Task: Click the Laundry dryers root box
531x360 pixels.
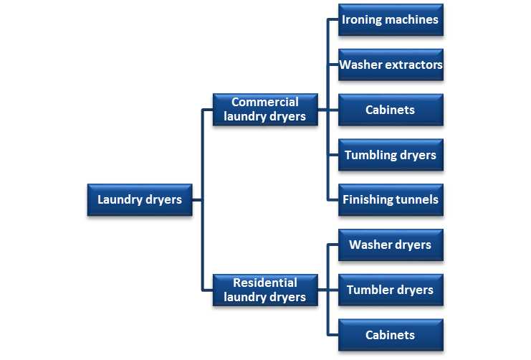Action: pyautogui.click(x=140, y=199)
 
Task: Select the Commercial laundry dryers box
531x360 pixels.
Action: pyautogui.click(x=265, y=109)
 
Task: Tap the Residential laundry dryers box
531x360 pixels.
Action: pyautogui.click(x=265, y=290)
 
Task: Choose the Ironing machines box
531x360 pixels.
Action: pyautogui.click(x=391, y=20)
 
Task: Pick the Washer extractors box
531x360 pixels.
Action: pyautogui.click(x=391, y=65)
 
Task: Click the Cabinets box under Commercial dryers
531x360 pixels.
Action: pyautogui.click(x=391, y=110)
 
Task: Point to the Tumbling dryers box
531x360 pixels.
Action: pyautogui.click(x=391, y=155)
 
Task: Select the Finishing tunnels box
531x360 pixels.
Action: pyautogui.click(x=391, y=199)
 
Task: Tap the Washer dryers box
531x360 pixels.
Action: pyautogui.click(x=391, y=245)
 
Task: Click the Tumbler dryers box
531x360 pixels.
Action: pyautogui.click(x=391, y=290)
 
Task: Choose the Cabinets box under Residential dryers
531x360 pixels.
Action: pyautogui.click(x=391, y=335)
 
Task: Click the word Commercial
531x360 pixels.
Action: pyautogui.click(x=265, y=102)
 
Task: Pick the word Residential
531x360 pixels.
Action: pyautogui.click(x=265, y=283)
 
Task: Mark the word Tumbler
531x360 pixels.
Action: pyautogui.click(x=370, y=290)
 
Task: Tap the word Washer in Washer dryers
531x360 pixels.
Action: pyautogui.click(x=369, y=245)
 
